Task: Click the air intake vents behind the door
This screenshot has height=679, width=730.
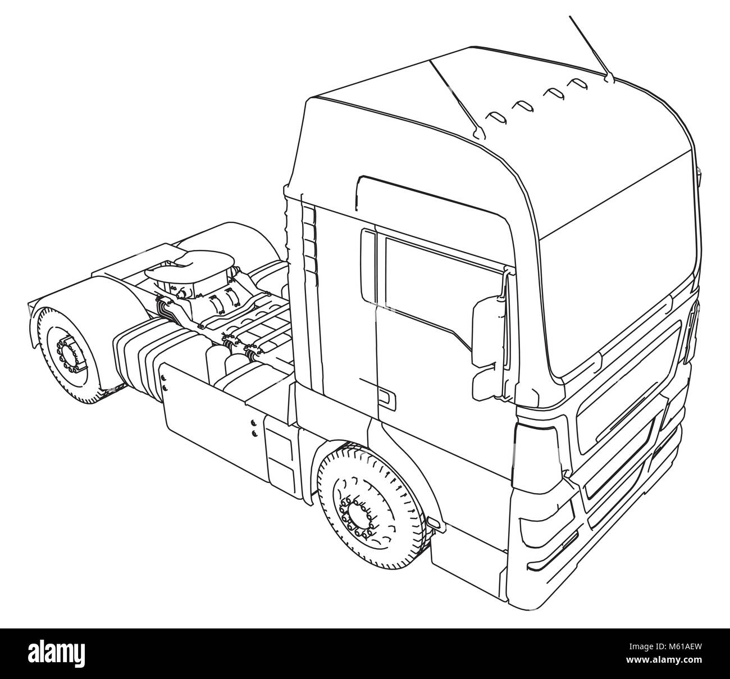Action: (309, 236)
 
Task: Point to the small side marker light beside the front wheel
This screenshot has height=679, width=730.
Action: (434, 522)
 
